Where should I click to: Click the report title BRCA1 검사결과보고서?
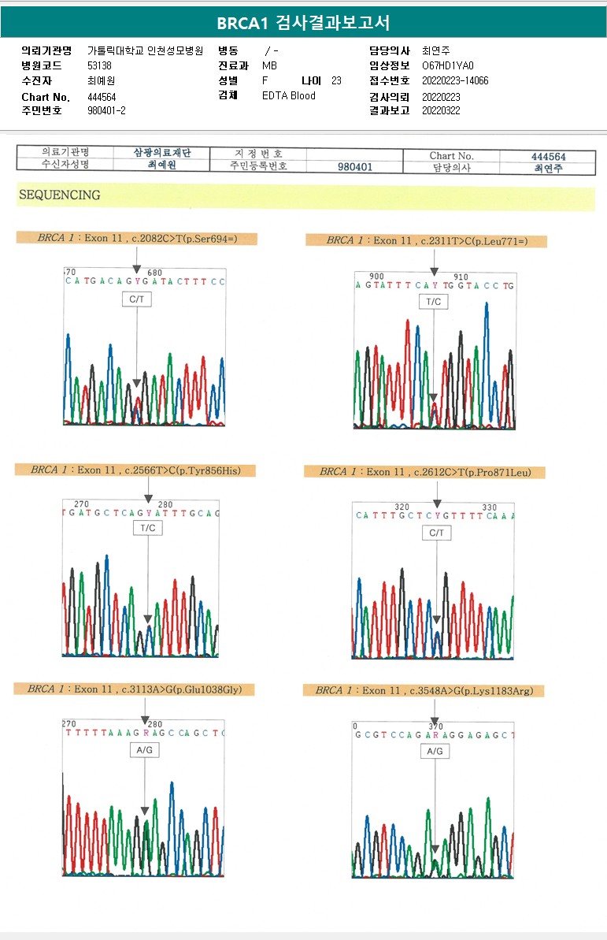click(303, 22)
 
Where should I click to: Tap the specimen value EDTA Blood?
click(288, 95)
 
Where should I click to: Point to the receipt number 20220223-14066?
click(454, 80)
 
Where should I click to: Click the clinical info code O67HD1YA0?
click(448, 66)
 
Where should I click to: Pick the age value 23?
click(336, 80)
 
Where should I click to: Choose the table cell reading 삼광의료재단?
click(162, 152)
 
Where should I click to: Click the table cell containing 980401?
click(355, 167)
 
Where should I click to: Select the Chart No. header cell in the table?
click(451, 156)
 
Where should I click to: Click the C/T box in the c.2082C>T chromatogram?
click(136, 300)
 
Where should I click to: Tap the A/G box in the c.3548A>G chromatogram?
click(435, 752)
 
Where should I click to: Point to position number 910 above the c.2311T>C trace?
click(461, 277)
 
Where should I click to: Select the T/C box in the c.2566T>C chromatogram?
click(147, 528)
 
